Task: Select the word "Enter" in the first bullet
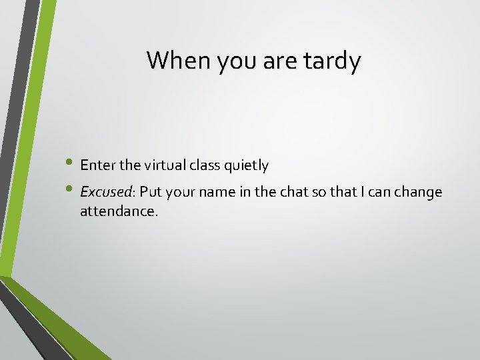coord(97,165)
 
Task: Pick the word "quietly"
coord(249,165)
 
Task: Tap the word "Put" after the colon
coord(151,192)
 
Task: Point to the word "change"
coord(418,193)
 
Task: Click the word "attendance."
coord(119,211)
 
